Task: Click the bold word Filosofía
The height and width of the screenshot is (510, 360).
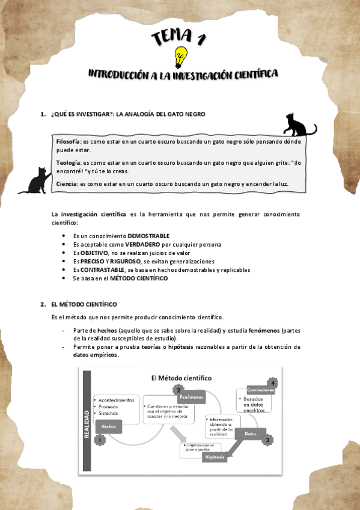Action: click(x=69, y=141)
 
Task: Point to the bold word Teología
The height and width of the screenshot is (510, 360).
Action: click(x=68, y=162)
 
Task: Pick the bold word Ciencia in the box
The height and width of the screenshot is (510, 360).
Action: click(x=67, y=183)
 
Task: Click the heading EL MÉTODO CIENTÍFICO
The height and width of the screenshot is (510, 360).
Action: click(x=84, y=304)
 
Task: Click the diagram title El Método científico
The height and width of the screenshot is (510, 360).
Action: click(x=180, y=378)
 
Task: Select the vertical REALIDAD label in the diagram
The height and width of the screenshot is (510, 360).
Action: click(x=87, y=425)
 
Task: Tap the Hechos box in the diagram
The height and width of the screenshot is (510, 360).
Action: click(x=109, y=426)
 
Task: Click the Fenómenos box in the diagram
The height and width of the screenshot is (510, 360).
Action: click(x=191, y=398)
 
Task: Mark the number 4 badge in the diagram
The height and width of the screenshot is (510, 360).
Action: click(x=273, y=382)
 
